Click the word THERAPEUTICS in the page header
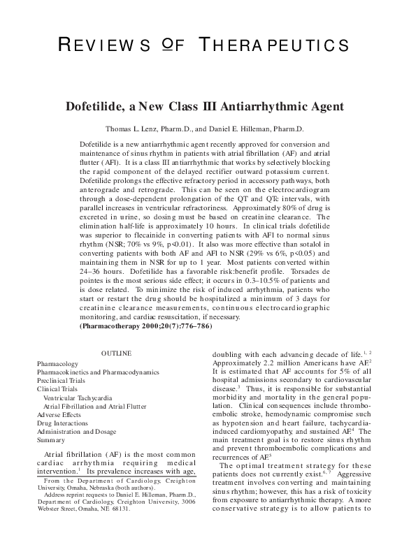pos(271,46)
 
